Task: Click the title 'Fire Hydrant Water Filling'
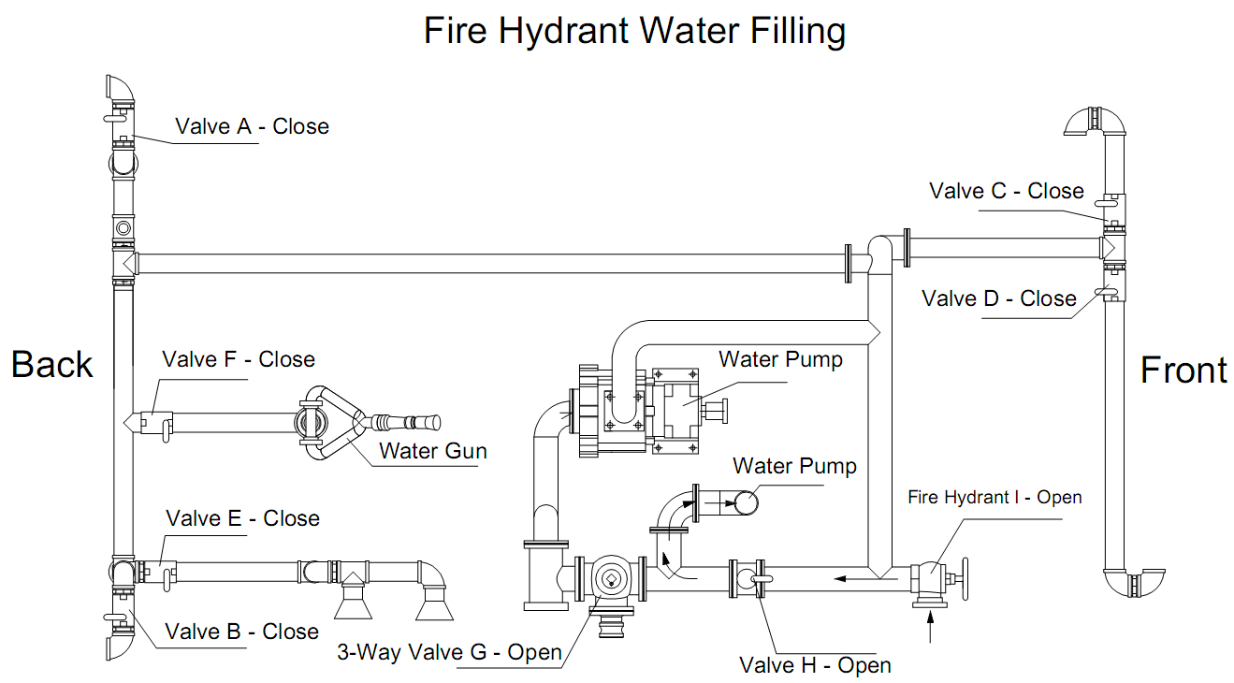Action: click(634, 31)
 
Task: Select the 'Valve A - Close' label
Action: click(252, 126)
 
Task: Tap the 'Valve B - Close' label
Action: click(241, 632)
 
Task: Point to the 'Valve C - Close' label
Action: click(1006, 191)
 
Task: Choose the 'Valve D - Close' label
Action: click(998, 298)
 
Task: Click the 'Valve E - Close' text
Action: click(242, 518)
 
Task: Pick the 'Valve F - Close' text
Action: click(238, 359)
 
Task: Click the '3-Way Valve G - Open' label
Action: click(449, 652)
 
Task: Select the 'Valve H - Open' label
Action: click(815, 665)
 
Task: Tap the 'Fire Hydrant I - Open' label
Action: click(994, 497)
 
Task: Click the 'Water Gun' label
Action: click(432, 451)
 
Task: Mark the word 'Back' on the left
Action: click(52, 365)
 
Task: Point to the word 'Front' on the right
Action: click(1183, 371)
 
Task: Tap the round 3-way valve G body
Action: click(611, 579)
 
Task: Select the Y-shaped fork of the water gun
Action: click(333, 423)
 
